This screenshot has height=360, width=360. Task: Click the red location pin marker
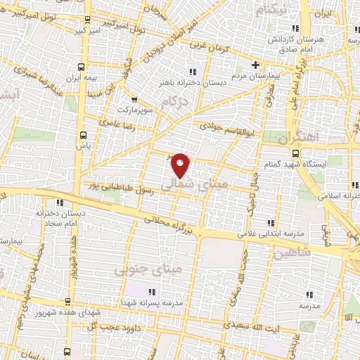tap(181, 165)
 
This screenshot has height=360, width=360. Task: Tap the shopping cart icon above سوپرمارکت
tap(134, 100)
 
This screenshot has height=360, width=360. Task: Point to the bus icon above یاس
tap(84, 134)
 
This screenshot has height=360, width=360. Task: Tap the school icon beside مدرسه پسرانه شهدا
tap(150, 292)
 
